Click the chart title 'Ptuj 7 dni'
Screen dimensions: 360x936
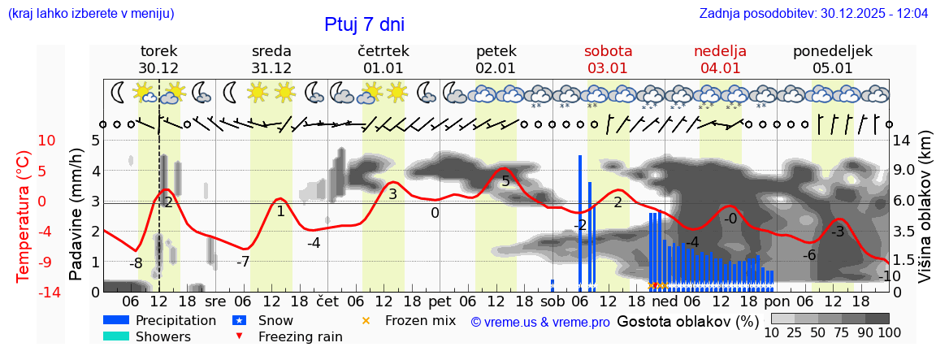tap(364, 24)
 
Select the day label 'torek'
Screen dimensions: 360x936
tap(158, 50)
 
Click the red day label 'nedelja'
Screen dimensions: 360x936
tap(720, 50)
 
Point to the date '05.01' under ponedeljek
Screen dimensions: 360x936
tap(833, 68)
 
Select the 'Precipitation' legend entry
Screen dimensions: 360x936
tap(175, 320)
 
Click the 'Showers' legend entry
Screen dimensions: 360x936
tap(162, 336)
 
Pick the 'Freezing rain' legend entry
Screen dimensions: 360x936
tap(300, 336)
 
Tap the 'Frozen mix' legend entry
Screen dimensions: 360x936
tap(419, 320)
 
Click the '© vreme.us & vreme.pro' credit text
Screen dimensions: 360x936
tap(540, 322)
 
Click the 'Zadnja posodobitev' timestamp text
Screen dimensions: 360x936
tap(813, 14)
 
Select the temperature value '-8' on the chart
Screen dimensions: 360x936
tap(136, 263)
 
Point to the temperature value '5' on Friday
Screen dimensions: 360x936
tap(505, 181)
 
